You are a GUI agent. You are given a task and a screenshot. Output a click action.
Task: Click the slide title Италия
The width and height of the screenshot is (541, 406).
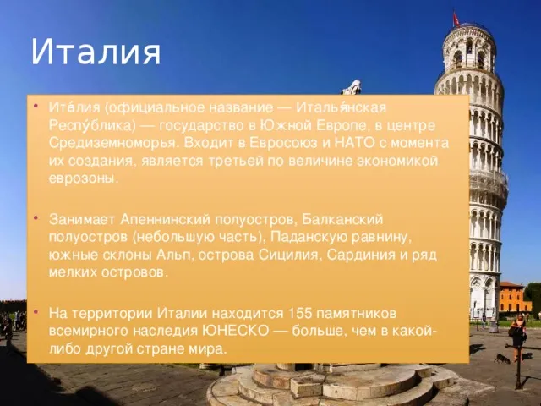[x=96, y=52]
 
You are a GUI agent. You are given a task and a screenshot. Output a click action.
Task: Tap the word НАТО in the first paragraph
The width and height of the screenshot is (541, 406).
[x=354, y=143]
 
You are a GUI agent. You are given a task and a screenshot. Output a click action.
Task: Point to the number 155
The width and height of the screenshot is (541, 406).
[x=299, y=313]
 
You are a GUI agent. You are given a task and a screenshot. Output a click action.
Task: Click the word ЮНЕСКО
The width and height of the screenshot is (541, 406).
[x=234, y=331]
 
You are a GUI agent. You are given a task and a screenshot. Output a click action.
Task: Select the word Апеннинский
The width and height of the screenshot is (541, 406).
[x=165, y=219]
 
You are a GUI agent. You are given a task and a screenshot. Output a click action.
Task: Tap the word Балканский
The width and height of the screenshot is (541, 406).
[x=342, y=219]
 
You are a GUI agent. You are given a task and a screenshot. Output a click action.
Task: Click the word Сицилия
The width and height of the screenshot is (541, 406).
[x=288, y=255]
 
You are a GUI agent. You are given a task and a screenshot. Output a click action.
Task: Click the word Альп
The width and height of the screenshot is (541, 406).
[x=173, y=255]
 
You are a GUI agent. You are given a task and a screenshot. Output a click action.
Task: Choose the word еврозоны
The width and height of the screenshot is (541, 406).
[x=84, y=178]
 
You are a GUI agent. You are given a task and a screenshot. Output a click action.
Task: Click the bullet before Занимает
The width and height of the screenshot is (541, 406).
[x=36, y=218]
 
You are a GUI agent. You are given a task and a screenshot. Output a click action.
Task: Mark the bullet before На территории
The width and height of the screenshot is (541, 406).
[x=36, y=312]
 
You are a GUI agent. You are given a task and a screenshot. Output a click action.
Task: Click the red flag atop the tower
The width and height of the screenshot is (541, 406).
[x=456, y=18]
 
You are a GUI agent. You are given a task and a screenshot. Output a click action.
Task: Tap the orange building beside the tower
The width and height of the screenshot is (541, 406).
[x=515, y=297]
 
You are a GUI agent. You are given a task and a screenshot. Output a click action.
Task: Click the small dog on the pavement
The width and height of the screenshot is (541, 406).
[x=502, y=358]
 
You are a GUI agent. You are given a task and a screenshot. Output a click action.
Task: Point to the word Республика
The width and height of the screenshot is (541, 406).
[x=92, y=125]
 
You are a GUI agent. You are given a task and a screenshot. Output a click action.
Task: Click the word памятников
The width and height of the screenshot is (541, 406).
[x=356, y=313]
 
